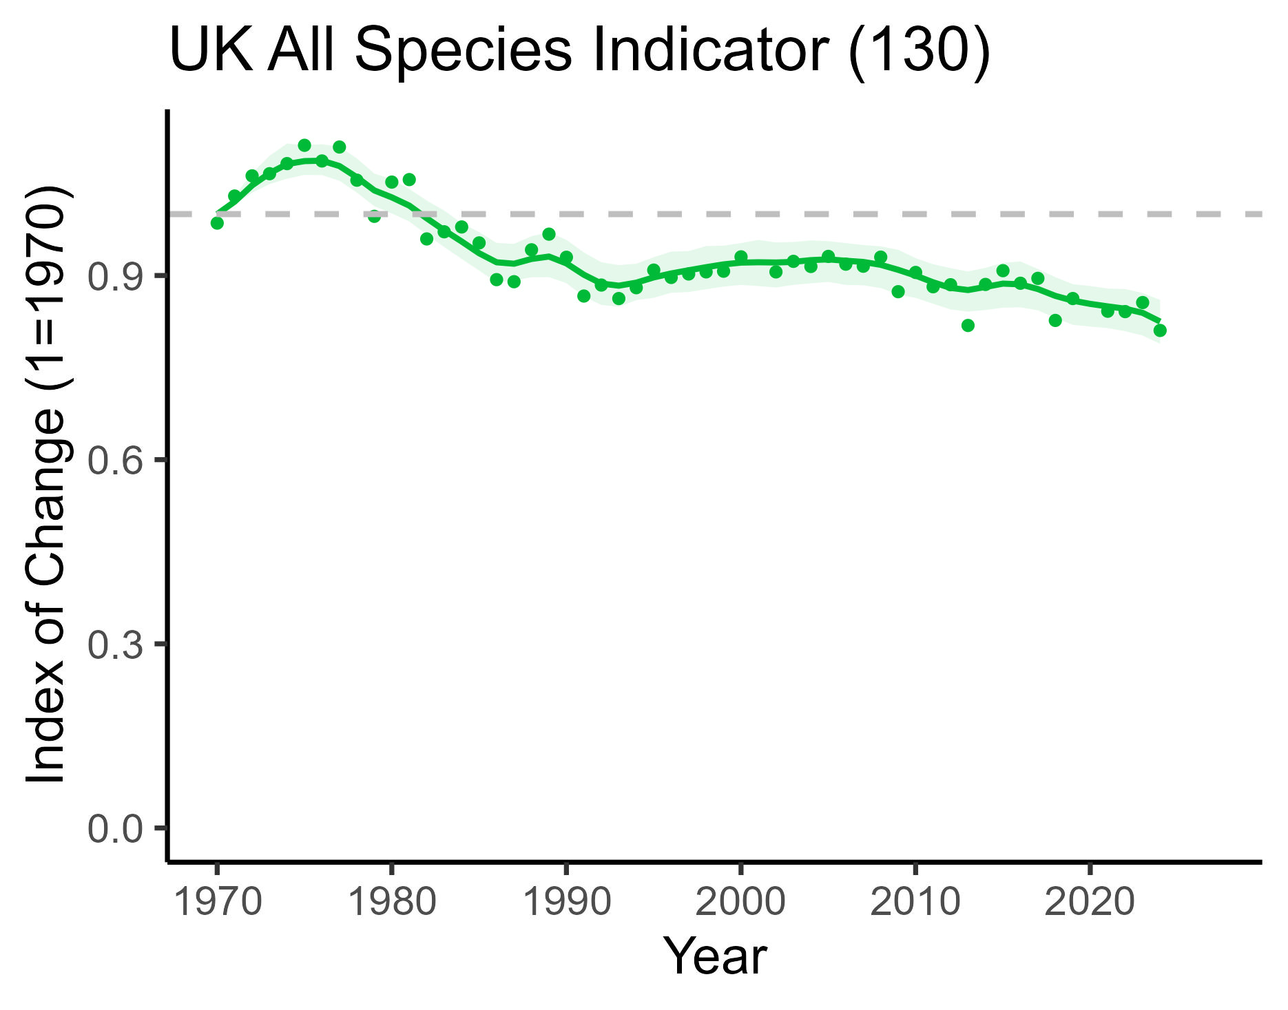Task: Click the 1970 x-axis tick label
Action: click(217, 901)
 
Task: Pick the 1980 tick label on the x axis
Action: click(391, 901)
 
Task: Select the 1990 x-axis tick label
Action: click(566, 901)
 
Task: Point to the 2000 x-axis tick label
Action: click(740, 901)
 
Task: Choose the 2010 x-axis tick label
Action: click(915, 901)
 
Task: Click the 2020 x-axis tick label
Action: click(1090, 901)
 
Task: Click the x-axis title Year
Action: click(714, 956)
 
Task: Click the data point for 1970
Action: click(217, 223)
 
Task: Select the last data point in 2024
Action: click(1160, 330)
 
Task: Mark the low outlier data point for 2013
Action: click(968, 325)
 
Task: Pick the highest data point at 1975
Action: click(304, 145)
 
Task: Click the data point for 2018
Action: click(1055, 320)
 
